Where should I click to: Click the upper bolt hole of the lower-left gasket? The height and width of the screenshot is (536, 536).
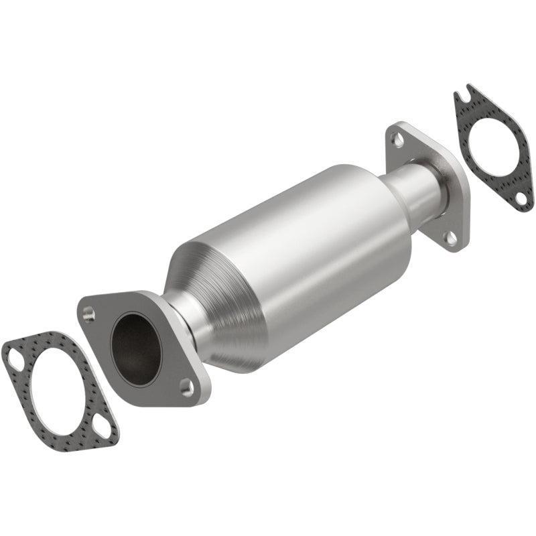[13, 353]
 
